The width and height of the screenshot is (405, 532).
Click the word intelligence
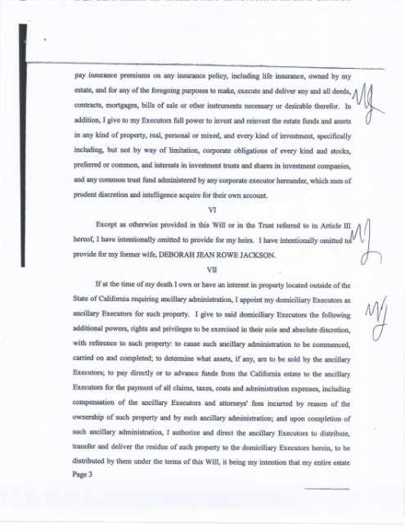click(x=180, y=195)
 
